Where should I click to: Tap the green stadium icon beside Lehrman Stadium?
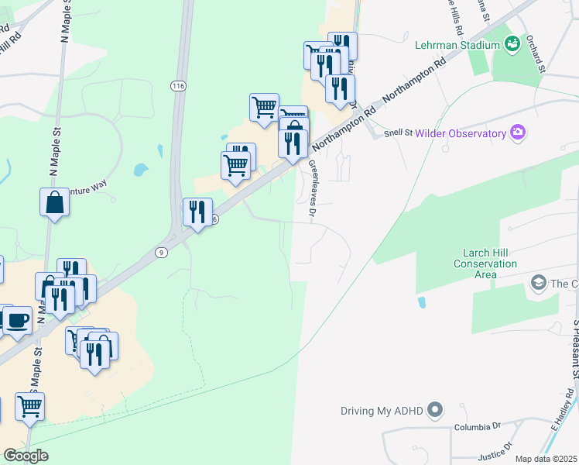pyautogui.click(x=512, y=45)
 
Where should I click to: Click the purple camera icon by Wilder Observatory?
pyautogui.click(x=518, y=133)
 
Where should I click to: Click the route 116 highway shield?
pyautogui.click(x=180, y=84)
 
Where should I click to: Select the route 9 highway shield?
pyautogui.click(x=160, y=252)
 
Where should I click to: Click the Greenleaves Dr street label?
pyautogui.click(x=315, y=188)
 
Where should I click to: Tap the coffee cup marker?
pyautogui.click(x=17, y=320)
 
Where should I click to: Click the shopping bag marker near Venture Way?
pyautogui.click(x=55, y=203)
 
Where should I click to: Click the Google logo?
pyautogui.click(x=26, y=456)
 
